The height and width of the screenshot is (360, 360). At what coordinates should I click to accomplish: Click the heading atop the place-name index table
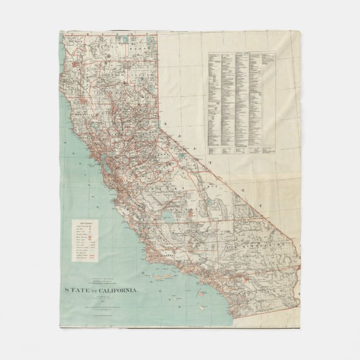241,54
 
